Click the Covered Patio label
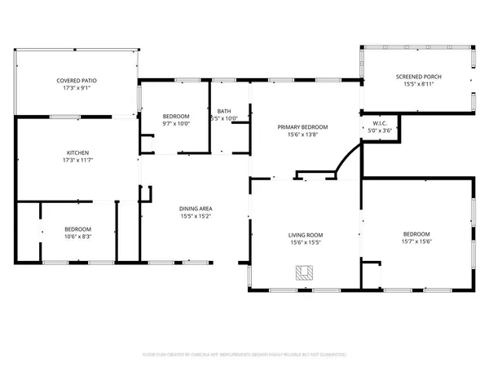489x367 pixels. [x=73, y=80]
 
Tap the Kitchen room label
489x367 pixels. [x=77, y=153]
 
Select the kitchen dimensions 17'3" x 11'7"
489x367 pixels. [x=77, y=159]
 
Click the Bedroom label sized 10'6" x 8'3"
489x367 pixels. [x=77, y=228]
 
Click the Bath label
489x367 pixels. [x=223, y=111]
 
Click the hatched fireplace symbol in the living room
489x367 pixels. [x=304, y=273]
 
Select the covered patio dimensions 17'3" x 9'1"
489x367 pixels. [x=73, y=87]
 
